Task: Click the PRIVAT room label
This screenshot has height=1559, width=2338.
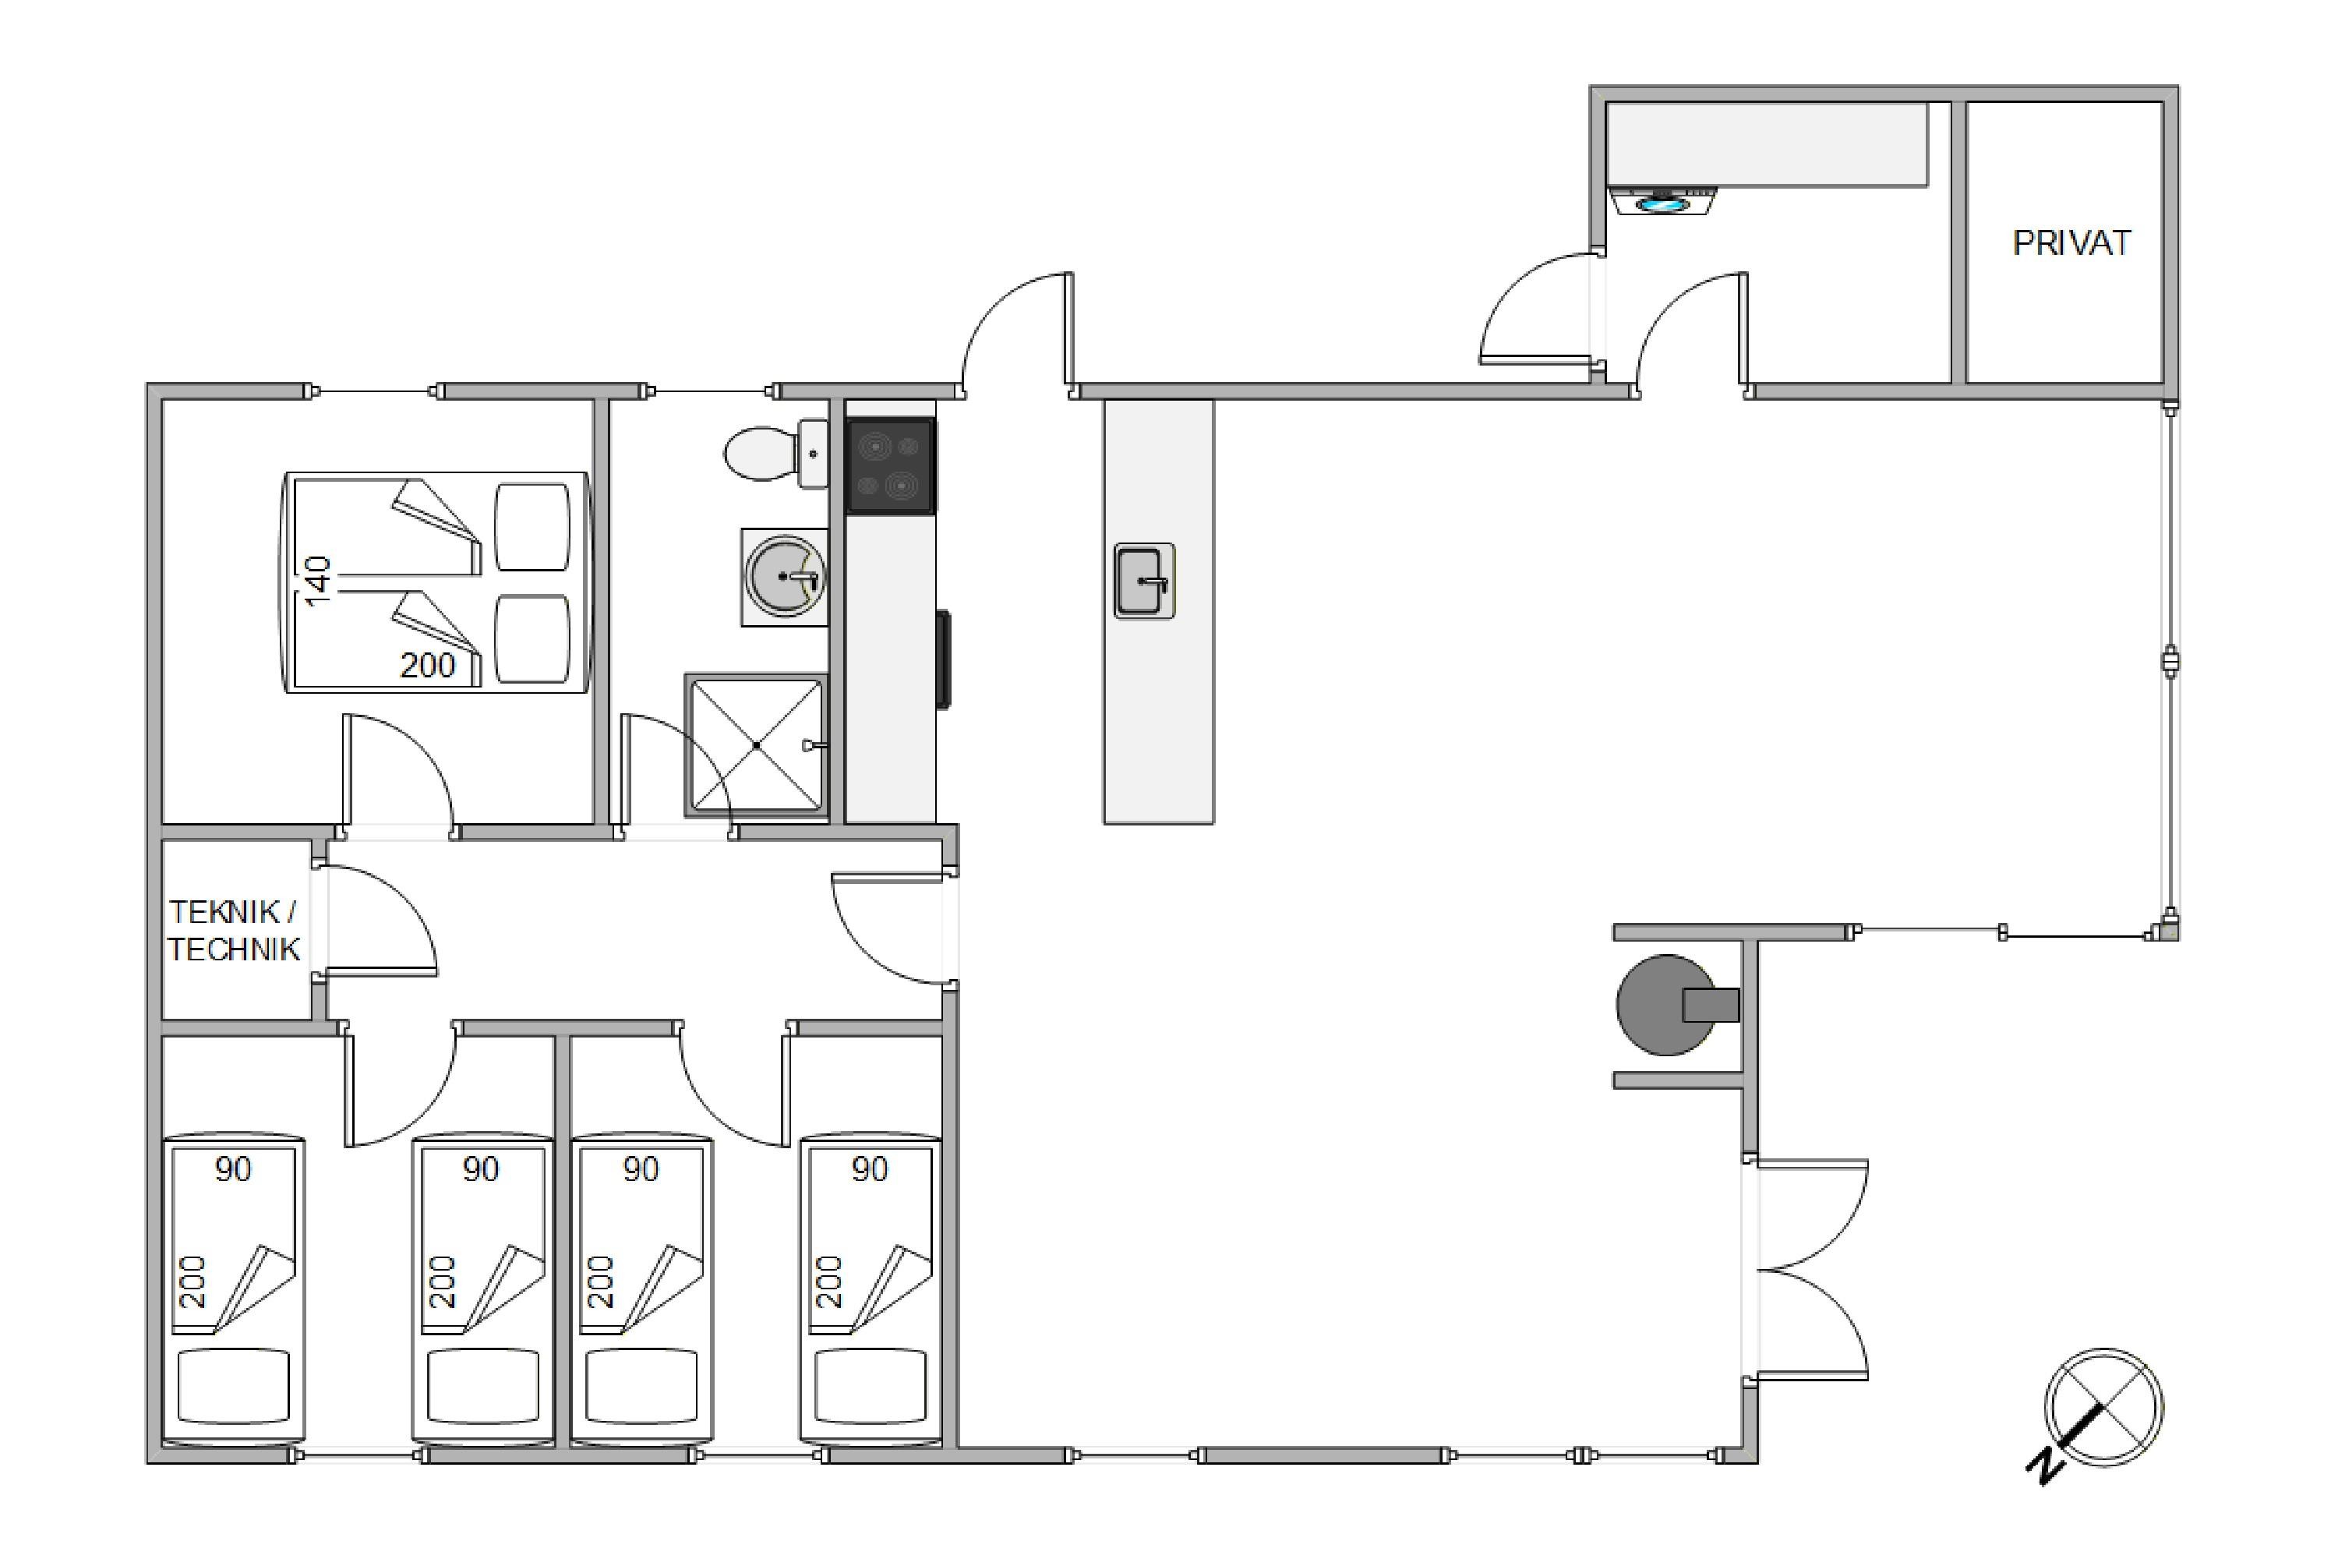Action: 2071,243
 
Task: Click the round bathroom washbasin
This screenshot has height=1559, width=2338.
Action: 784,577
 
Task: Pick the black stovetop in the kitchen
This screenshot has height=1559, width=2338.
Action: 890,465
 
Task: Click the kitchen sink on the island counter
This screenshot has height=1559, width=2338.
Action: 1144,581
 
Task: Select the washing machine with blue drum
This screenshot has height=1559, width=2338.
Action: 1664,202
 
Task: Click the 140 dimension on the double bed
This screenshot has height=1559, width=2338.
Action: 317,582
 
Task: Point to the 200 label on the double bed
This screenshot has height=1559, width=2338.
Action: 427,665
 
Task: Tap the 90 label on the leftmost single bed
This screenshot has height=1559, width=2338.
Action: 232,1169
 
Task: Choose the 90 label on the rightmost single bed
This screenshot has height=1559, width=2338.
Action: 869,1169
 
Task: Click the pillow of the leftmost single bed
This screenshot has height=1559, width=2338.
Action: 234,1385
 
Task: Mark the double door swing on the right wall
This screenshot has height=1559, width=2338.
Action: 1809,1270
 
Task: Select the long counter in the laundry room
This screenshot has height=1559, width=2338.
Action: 1768,144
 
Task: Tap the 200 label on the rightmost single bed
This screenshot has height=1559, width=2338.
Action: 828,1281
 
